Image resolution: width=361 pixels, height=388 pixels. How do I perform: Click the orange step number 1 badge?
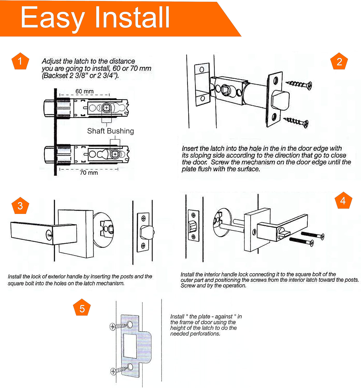point(20,61)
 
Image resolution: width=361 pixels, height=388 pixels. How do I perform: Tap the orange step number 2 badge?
point(339,61)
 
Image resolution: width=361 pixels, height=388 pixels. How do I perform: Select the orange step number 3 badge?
point(20,205)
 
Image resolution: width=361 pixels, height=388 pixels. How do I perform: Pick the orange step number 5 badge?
point(82,307)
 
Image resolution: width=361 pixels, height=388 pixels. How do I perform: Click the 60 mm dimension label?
point(84,91)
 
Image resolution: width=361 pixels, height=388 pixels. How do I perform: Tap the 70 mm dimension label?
point(89,173)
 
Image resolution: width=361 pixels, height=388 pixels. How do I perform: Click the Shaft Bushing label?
point(111,131)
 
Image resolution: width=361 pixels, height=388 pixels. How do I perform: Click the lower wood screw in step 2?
point(296,122)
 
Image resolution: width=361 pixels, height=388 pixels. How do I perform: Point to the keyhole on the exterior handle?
point(49,234)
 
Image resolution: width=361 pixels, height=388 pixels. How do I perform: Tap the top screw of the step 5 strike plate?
point(121,326)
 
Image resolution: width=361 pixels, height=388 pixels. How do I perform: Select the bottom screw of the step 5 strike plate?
point(121,369)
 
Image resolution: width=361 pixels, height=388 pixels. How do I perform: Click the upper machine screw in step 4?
point(313,235)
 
